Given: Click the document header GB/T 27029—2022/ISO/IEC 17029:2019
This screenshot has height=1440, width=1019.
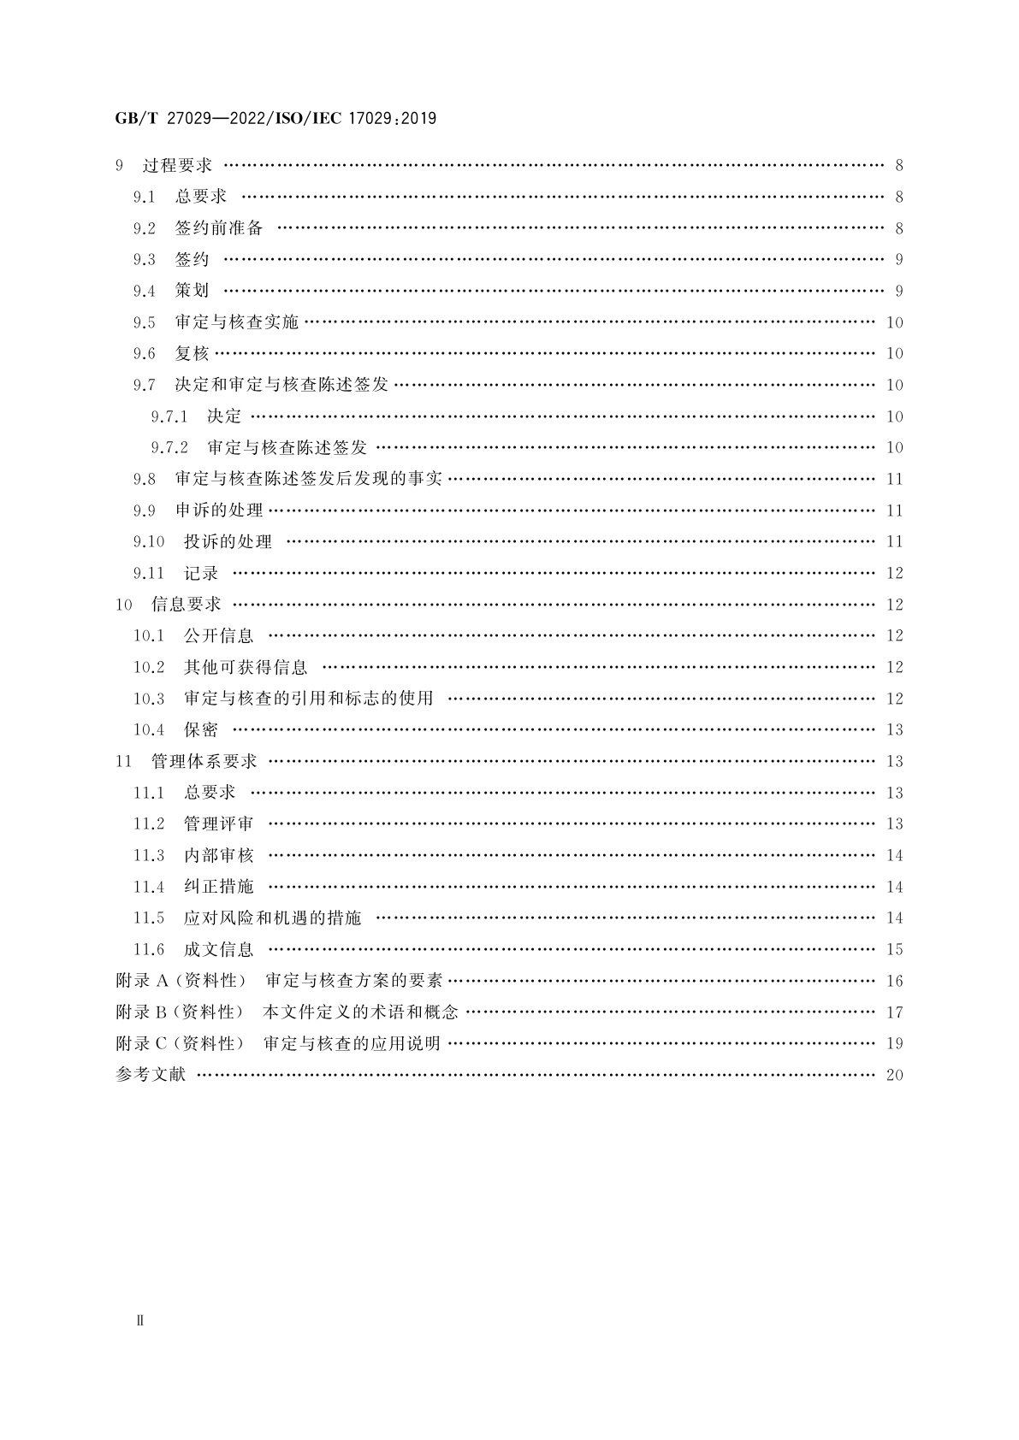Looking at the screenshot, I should point(275,119).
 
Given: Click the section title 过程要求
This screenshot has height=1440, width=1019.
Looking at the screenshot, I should point(177,166).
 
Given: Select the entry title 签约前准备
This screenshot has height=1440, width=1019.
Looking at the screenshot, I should point(219,228).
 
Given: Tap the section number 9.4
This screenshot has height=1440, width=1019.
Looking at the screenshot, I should point(144,292).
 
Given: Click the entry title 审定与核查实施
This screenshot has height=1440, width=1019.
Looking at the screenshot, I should point(236,322).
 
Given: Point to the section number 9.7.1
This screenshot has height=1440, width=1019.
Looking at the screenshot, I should point(169,416).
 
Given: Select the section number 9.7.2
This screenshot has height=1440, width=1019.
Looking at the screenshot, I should point(169,448).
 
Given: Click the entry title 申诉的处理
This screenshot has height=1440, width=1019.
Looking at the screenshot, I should point(219,510).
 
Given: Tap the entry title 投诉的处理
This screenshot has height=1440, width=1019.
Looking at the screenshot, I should point(228,542).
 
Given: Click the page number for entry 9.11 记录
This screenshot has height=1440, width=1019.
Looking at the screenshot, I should point(894,574).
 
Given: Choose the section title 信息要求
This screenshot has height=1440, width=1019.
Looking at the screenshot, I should point(186,605).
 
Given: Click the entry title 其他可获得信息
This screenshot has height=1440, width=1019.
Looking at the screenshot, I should point(246,667).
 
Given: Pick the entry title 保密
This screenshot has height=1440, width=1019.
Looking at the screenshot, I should point(201,730).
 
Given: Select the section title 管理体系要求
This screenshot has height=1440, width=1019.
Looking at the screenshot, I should point(204,761).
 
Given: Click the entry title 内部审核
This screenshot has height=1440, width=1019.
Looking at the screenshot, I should point(218,855).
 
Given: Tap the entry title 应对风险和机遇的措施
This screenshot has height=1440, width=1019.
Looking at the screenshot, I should point(272,918).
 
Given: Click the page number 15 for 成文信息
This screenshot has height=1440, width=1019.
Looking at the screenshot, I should point(894,950).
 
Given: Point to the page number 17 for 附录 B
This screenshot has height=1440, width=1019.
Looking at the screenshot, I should point(894,1012).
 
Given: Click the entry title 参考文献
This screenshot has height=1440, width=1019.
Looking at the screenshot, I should point(151,1075).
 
